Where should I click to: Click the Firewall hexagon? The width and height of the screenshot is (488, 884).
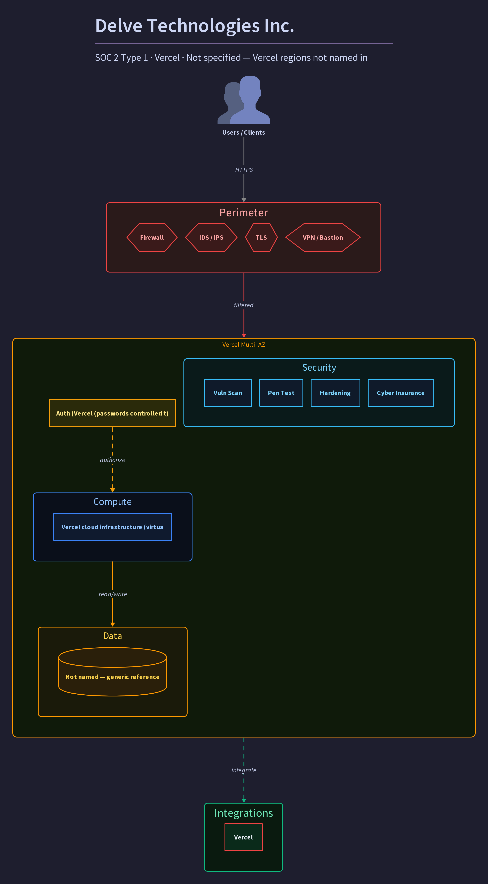pos(152,237)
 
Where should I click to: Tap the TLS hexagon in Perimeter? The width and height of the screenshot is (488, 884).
pos(261,237)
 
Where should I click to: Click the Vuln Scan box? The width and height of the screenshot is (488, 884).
pos(228,393)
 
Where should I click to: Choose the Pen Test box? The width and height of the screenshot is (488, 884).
pos(281,393)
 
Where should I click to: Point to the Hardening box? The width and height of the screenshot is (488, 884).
pos(335,393)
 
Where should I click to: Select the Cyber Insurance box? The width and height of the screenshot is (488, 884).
pos(401,393)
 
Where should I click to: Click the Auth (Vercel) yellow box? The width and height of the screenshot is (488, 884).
pos(113,413)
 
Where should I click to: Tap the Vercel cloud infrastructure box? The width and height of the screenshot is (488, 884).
pos(113,527)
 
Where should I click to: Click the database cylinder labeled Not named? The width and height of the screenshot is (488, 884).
pos(113,672)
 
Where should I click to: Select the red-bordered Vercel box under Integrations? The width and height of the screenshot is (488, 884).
pos(244,837)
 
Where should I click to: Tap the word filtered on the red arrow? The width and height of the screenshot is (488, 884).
pos(244,305)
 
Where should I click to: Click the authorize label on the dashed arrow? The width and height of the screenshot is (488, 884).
pos(113,460)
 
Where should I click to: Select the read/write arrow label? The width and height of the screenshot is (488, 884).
pos(113,594)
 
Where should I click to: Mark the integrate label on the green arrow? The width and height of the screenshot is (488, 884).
pos(244,770)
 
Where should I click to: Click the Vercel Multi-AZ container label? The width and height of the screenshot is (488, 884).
pos(244,345)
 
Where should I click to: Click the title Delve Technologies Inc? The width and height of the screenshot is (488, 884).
pos(195,26)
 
